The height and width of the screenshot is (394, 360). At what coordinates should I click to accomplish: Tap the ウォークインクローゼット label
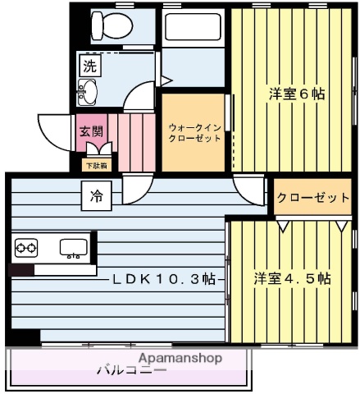(x=194, y=133)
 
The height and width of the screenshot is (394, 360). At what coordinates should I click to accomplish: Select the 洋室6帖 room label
(x=296, y=94)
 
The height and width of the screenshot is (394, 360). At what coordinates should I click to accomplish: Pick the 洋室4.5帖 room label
(x=291, y=278)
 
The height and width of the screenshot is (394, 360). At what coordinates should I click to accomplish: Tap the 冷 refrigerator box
(x=97, y=196)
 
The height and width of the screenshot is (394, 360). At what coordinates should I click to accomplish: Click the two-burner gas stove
(x=26, y=247)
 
